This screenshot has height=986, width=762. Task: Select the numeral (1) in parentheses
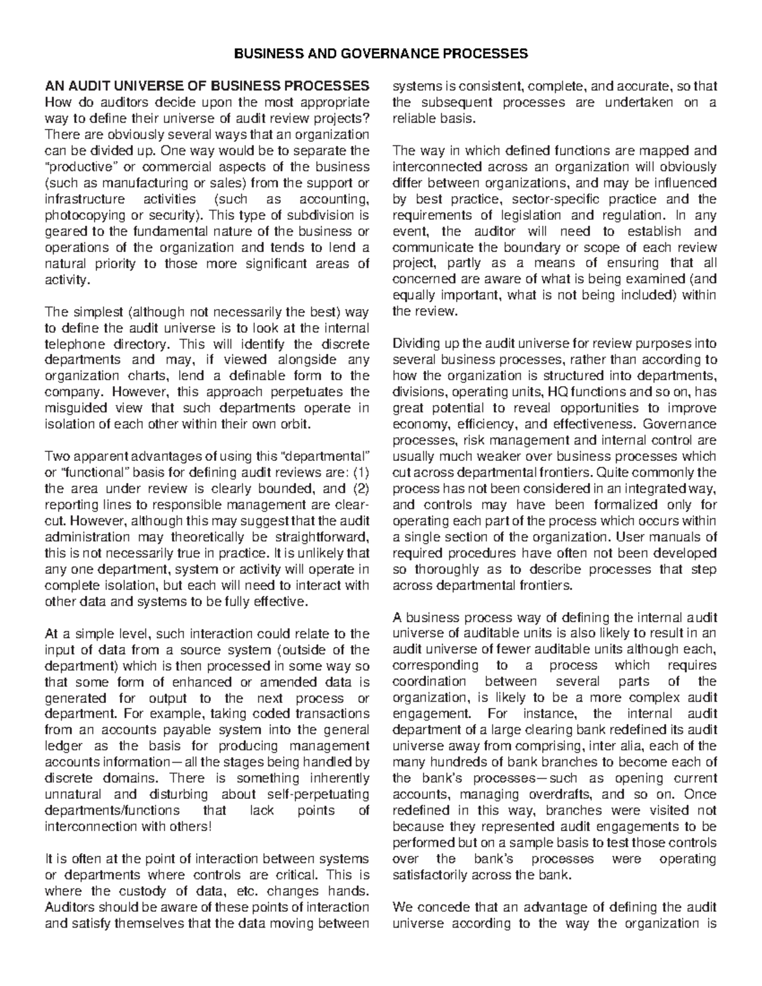click(359, 473)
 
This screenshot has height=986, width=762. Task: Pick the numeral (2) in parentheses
click(359, 489)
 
